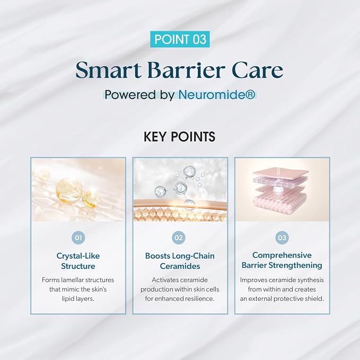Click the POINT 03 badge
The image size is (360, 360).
pyautogui.click(x=180, y=39)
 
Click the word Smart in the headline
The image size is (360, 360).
pyautogui.click(x=109, y=70)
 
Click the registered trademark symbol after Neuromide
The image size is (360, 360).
pyautogui.click(x=252, y=94)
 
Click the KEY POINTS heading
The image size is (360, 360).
pyautogui.click(x=180, y=137)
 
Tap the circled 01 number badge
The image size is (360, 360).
pyautogui.click(x=78, y=238)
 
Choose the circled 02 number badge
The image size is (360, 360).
pyautogui.click(x=179, y=238)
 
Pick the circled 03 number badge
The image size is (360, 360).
pyautogui.click(x=282, y=238)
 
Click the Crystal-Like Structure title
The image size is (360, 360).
pyautogui.click(x=78, y=261)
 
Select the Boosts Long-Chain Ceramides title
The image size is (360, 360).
pyautogui.click(x=180, y=261)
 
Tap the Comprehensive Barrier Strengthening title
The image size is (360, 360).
pyautogui.click(x=282, y=260)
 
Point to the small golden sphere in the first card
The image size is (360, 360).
pyautogui.click(x=91, y=198)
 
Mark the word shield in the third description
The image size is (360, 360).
pyautogui.click(x=314, y=298)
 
